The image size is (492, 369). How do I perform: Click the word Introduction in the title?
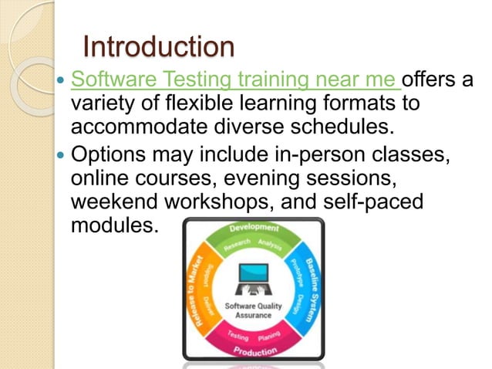point(158,48)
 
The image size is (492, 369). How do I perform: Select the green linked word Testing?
point(195,80)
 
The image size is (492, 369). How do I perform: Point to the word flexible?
point(203,103)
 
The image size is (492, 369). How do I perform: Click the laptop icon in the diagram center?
point(252,279)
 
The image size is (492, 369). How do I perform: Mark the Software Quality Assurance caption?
point(252,310)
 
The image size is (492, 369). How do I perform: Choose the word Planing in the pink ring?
point(269,337)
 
